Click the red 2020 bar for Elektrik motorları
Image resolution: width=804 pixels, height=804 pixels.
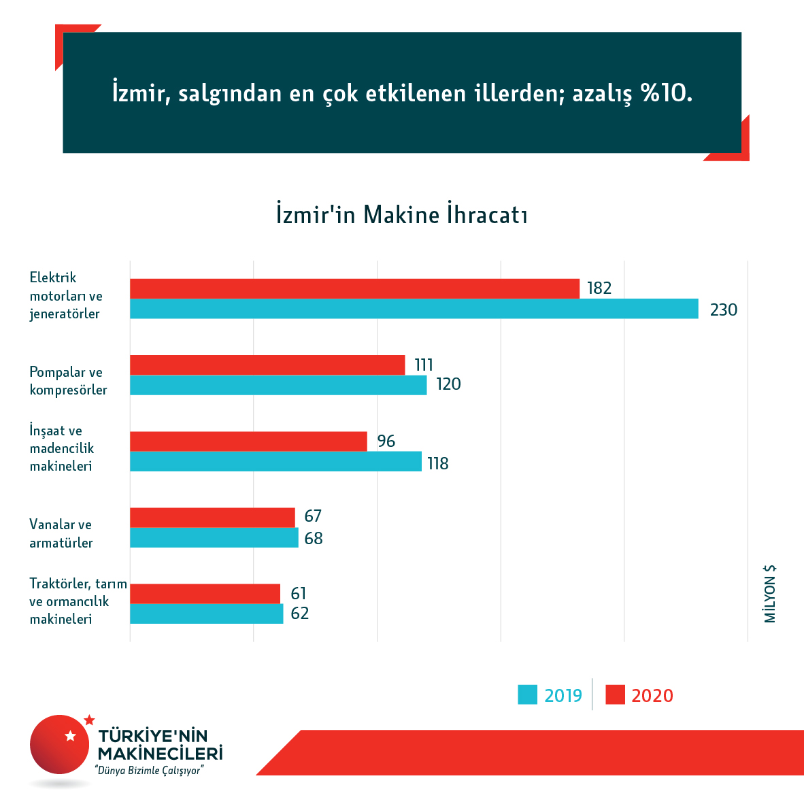click(354, 288)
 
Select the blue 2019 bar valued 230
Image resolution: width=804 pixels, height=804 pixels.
click(414, 309)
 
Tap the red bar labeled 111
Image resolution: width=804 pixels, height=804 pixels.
click(267, 365)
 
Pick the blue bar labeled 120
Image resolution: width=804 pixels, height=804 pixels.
click(278, 385)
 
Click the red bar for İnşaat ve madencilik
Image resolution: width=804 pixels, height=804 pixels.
click(248, 441)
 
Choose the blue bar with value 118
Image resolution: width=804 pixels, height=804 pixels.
click(275, 462)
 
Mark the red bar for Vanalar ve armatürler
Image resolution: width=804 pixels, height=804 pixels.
click(212, 517)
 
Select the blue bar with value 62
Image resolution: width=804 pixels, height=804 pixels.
click(206, 614)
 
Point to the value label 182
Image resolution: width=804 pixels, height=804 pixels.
click(599, 288)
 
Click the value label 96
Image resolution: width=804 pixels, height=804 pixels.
click(386, 441)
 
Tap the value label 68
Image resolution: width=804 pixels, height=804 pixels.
click(314, 539)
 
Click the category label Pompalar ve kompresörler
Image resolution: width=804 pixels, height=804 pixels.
click(68, 381)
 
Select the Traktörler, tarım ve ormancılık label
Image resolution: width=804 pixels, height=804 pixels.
click(78, 601)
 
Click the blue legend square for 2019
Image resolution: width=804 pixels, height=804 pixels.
click(528, 694)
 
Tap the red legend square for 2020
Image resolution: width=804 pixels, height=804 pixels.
click(615, 694)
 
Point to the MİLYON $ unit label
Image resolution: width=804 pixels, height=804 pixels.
click(770, 594)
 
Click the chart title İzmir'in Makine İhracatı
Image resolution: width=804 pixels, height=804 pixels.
click(402, 214)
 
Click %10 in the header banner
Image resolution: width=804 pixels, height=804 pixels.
click(666, 93)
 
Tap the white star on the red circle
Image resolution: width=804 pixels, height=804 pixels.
click(70, 735)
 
